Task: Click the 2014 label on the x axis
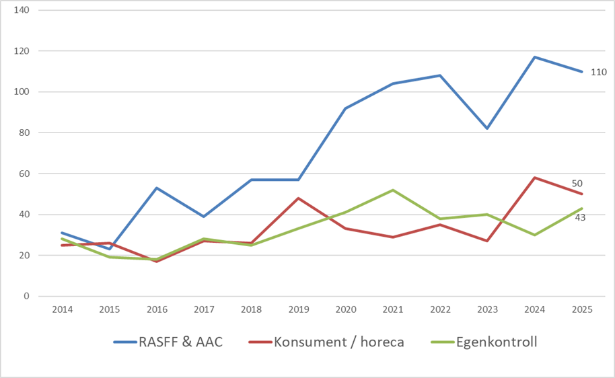click(x=63, y=309)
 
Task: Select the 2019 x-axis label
click(x=299, y=309)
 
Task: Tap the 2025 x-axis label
click(x=582, y=309)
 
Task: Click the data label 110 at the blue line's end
click(x=599, y=72)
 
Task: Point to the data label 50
click(x=577, y=184)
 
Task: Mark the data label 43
click(x=580, y=217)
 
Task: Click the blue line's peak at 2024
click(x=535, y=57)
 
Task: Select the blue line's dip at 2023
click(x=488, y=128)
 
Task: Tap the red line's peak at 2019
click(x=299, y=198)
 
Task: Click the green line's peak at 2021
click(x=393, y=190)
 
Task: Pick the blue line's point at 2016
click(x=157, y=188)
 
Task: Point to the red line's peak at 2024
click(x=535, y=178)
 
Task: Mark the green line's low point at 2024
click(x=535, y=235)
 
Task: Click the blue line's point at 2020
click(x=346, y=108)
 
